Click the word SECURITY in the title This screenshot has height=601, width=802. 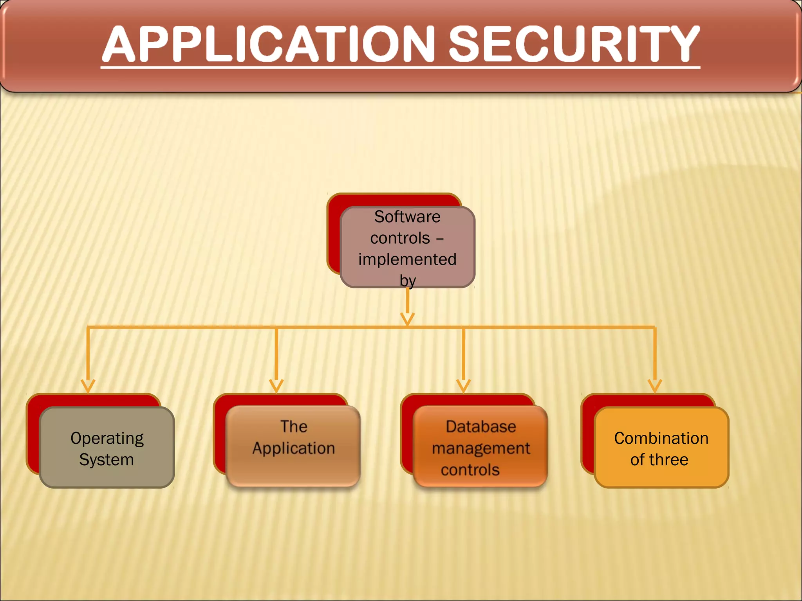tap(573, 44)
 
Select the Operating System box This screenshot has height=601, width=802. tap(107, 448)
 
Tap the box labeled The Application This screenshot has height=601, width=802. tap(293, 446)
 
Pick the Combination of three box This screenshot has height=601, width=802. tap(661, 448)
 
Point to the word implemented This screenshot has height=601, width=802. tap(407, 259)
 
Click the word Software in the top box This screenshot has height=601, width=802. tap(407, 217)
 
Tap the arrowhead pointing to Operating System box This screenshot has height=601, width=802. tap(88, 385)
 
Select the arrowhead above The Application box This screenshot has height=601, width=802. tap(276, 385)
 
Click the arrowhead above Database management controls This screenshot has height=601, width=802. tap(463, 385)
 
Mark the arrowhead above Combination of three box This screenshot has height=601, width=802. tap(655, 385)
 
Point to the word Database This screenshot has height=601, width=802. tap(480, 426)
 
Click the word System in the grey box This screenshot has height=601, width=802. tap(107, 459)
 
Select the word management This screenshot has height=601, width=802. tap(480, 448)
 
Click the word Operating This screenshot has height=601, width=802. tap(107, 438)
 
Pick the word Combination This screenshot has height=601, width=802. tap(661, 438)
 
